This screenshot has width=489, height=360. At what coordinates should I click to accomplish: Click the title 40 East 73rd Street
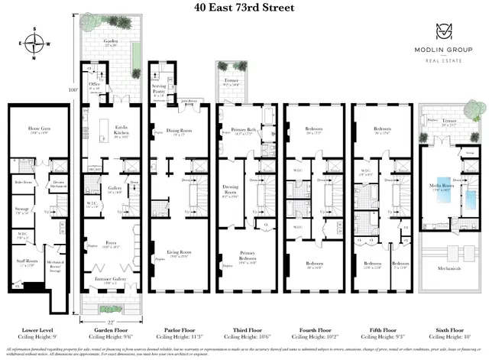click(244, 11)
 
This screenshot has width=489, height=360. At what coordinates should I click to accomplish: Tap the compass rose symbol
click(34, 44)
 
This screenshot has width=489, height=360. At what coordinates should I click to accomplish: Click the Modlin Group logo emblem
click(444, 32)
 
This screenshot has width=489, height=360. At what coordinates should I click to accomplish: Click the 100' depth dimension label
click(74, 90)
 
